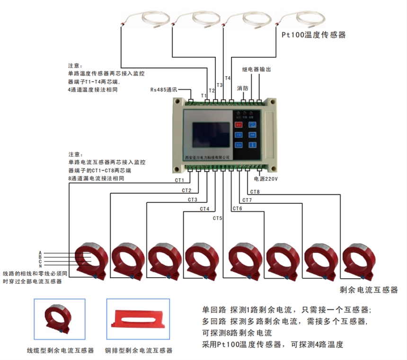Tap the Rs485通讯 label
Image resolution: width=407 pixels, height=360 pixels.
(x=164, y=89)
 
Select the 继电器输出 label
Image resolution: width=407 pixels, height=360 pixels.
(x=256, y=69)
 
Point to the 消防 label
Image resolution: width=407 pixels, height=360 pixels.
(x=243, y=88)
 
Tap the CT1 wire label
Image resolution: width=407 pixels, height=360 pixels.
(x=179, y=181)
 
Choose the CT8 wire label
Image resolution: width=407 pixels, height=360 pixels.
(x=255, y=192)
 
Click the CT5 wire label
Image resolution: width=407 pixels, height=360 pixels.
(x=217, y=218)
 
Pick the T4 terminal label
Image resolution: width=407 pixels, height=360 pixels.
(x=227, y=78)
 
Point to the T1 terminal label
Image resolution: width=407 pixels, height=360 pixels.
(x=203, y=96)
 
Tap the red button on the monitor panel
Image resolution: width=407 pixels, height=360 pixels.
(x=239, y=125)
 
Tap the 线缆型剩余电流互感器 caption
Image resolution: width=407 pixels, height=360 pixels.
(x=60, y=351)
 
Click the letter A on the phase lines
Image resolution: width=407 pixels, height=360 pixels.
(x=40, y=253)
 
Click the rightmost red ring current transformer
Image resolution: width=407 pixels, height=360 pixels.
(x=359, y=260)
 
